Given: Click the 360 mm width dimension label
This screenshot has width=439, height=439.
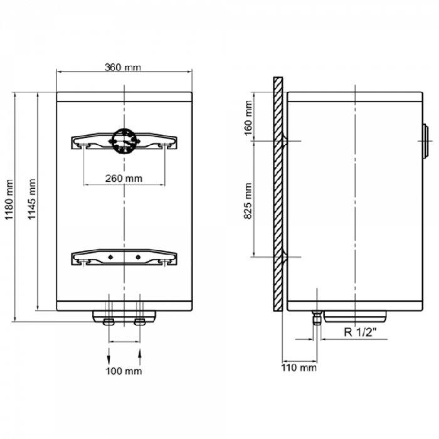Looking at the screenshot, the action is point(123,67).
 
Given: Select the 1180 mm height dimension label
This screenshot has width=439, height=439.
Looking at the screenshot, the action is point(9,200).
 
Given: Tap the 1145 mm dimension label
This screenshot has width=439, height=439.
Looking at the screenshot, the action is point(32,199).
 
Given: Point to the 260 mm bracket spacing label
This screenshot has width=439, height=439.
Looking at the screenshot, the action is point(124,178).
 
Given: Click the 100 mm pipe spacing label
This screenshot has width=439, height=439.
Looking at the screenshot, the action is point(124,371).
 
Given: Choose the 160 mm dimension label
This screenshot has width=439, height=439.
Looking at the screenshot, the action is point(248,118).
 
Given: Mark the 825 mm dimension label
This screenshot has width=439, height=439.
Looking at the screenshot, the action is point(248,201).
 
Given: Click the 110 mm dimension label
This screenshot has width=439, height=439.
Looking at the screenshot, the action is point(299,368).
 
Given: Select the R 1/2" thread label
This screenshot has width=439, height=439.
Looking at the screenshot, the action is point(361,332).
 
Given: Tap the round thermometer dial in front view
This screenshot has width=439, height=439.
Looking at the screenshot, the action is point(124,141).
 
